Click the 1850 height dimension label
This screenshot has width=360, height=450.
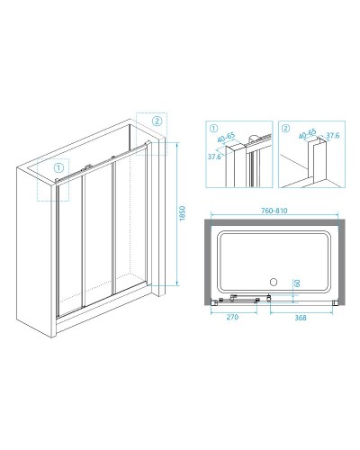coord(182,213)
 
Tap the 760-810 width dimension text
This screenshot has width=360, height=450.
coord(274,211)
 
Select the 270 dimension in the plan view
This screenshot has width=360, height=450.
coord(232,317)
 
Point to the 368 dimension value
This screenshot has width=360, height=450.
coord(301,318)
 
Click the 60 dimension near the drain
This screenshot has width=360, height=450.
coord(297,283)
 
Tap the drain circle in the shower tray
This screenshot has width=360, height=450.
coord(274,282)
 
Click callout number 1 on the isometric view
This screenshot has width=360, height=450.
coord(58,167)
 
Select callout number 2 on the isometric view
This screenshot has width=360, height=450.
coord(157,121)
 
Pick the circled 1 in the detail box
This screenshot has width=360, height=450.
coord(212,129)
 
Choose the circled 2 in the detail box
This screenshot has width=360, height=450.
coord(286,129)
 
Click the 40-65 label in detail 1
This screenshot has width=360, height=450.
coord(226,137)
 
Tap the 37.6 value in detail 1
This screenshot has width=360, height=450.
coord(214,157)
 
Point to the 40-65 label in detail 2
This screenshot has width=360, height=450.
coord(308,133)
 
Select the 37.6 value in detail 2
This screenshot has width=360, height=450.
coord(333,136)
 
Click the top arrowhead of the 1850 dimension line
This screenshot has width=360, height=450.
coord(177,144)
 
